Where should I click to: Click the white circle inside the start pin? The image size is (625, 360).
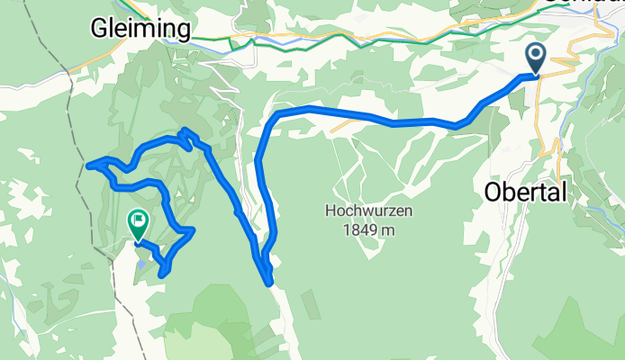click(536, 55)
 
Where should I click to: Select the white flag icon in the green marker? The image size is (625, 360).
click(139, 219)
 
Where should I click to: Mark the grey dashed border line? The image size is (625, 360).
click(54, 90)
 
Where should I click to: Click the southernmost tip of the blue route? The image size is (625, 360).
click(270, 283)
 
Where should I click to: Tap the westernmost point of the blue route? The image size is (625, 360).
click(87, 165)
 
